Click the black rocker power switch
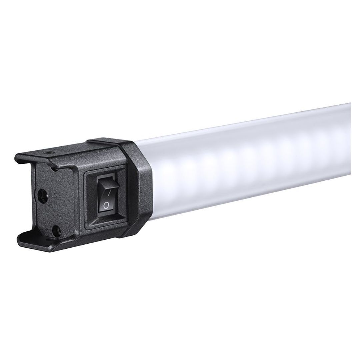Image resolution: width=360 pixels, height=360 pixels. pyautogui.click(x=106, y=195)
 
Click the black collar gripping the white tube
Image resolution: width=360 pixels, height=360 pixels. pyautogui.click(x=140, y=187)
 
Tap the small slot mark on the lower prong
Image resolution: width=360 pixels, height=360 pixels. pyautogui.click(x=50, y=239)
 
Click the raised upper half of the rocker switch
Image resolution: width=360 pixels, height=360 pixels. pyautogui.click(x=107, y=185)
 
